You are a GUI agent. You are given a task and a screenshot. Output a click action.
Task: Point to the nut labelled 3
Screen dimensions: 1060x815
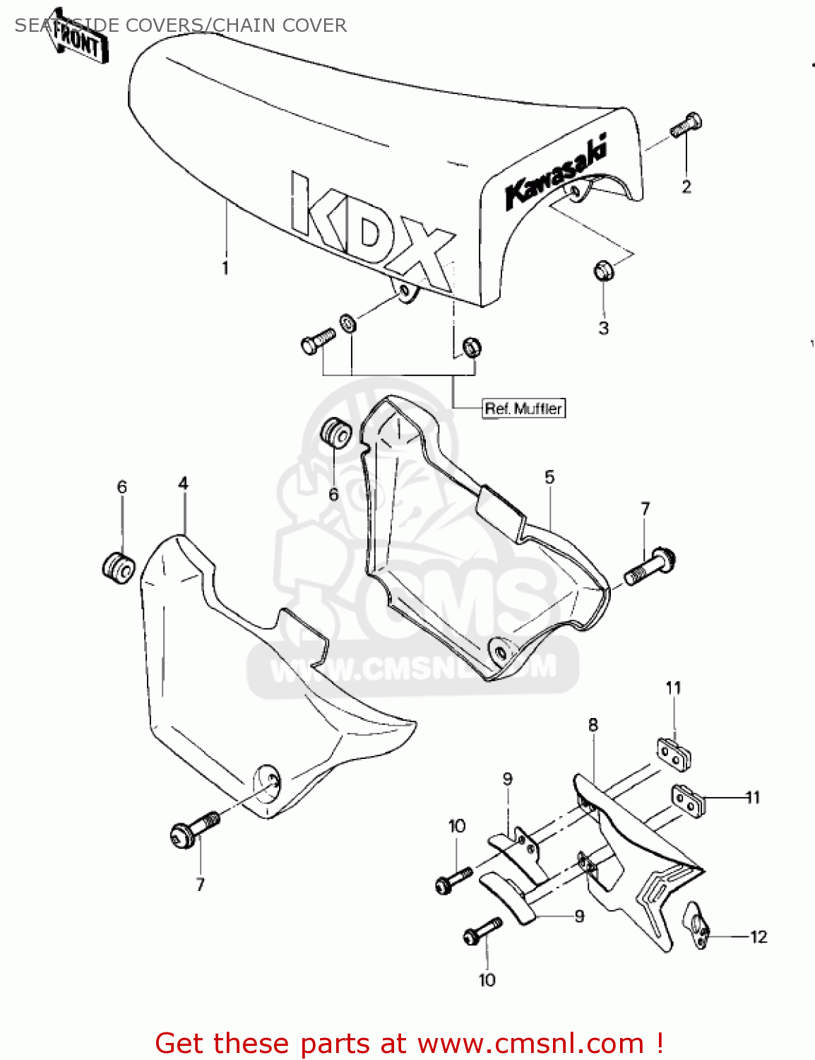603,270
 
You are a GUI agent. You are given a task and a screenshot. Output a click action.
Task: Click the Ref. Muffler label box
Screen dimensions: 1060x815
523,408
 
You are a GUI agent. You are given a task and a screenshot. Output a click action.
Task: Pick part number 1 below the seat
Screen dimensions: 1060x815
225,268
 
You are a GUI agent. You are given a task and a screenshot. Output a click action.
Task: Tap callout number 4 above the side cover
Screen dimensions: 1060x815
184,484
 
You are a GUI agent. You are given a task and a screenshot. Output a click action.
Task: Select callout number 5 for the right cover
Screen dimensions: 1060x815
550,478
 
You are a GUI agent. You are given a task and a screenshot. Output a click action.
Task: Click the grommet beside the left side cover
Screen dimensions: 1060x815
118,567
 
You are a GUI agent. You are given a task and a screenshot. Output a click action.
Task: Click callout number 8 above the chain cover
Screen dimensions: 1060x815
593,725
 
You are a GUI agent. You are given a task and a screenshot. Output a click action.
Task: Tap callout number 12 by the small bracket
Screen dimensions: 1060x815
759,937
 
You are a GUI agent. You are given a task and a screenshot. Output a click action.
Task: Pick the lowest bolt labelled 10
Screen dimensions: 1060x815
482,931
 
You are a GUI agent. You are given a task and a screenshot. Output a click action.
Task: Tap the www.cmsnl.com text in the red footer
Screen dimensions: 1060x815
530,1044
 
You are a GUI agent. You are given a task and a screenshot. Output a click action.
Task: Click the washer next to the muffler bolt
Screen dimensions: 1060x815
348,324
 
